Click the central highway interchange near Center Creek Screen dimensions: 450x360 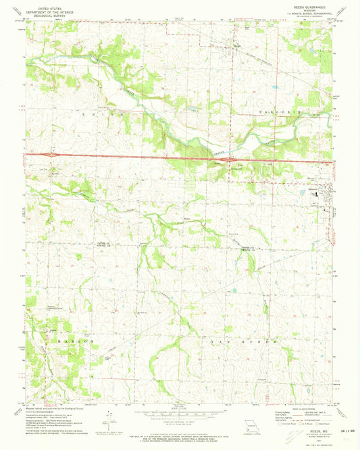click(231, 161)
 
